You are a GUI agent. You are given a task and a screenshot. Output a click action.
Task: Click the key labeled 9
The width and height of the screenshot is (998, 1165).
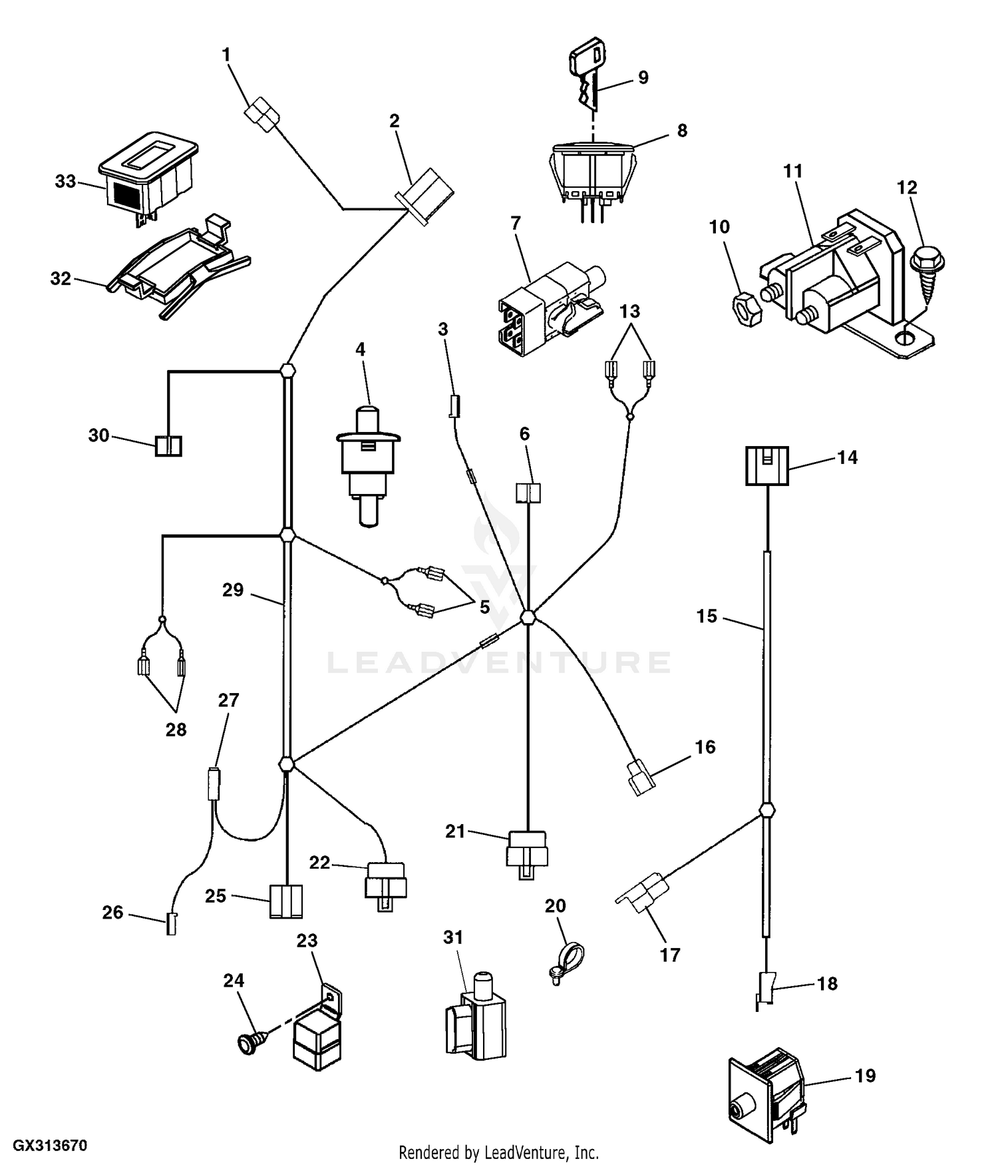click(x=585, y=77)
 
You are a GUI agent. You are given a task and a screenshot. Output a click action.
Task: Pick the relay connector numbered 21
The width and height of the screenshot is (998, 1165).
click(x=527, y=854)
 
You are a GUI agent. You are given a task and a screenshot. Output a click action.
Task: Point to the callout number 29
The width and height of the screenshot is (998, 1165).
click(x=233, y=590)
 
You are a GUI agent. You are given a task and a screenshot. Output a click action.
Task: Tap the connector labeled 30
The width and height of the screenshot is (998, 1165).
click(x=168, y=445)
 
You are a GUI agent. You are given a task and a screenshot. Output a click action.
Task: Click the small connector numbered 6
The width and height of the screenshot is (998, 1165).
click(x=528, y=493)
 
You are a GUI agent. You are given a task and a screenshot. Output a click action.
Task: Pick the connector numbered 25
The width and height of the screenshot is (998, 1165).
click(x=286, y=902)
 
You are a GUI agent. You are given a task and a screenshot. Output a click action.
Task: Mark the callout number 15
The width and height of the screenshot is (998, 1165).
click(x=707, y=616)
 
